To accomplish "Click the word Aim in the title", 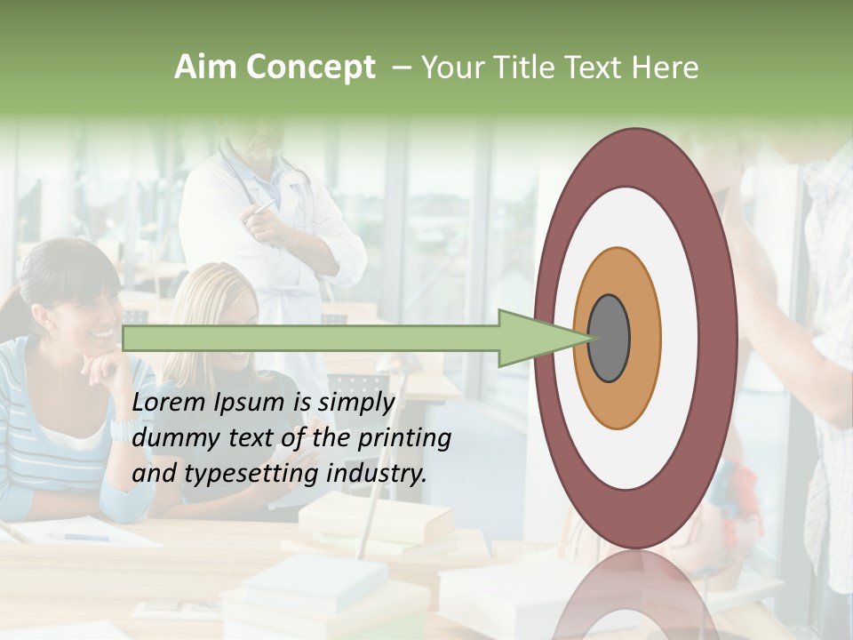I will (x=204, y=68).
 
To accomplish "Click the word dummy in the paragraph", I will (x=169, y=438).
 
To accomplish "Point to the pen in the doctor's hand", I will (x=264, y=209).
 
